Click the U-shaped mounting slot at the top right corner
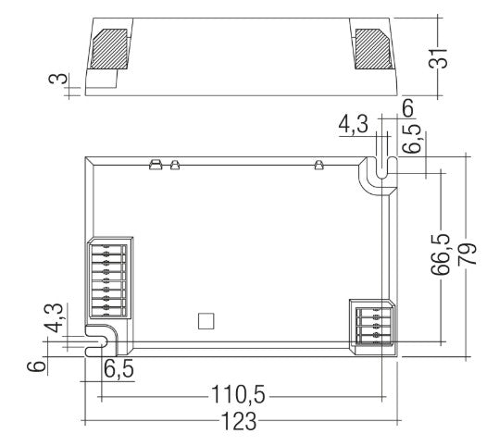click(378, 172)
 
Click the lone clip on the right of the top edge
click(318, 166)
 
